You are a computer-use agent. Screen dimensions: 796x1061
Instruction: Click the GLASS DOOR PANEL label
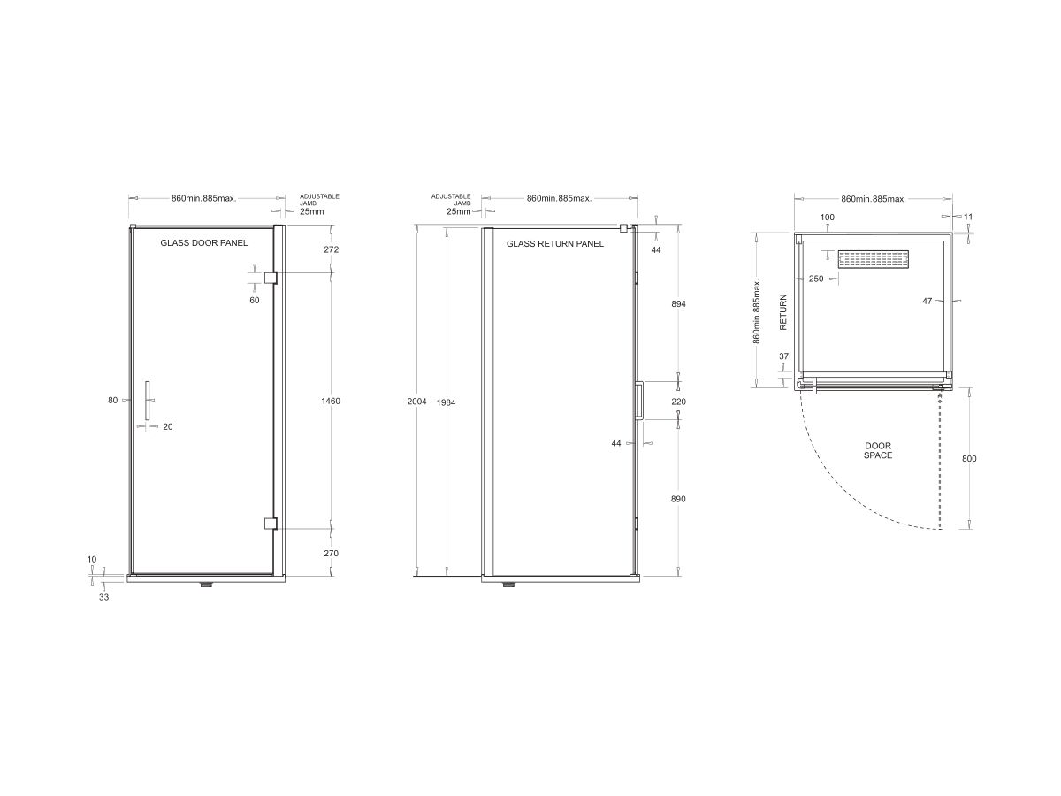coord(203,242)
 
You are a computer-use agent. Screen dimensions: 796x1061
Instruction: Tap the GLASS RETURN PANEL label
coord(555,243)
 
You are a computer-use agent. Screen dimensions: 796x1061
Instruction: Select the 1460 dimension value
coord(332,402)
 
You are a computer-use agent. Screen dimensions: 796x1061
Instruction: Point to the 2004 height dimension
coord(416,402)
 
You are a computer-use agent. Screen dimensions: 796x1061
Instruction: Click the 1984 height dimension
coord(447,402)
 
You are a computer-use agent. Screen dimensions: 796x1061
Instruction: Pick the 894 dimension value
coord(678,303)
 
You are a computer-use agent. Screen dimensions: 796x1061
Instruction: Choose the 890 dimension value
coord(678,499)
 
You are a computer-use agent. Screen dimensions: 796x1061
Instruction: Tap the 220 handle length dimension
coord(678,402)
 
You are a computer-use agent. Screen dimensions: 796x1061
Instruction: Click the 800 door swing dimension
coord(969,458)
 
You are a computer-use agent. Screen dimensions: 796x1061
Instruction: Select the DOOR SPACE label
coord(878,450)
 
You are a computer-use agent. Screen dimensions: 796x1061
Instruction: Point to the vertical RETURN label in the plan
coord(782,312)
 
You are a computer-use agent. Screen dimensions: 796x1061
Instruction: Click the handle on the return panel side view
coord(637,400)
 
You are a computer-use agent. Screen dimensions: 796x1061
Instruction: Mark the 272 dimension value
coord(332,250)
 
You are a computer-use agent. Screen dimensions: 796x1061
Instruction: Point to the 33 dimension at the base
coord(103,597)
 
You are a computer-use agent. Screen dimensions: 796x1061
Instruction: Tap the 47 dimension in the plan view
coord(927,302)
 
